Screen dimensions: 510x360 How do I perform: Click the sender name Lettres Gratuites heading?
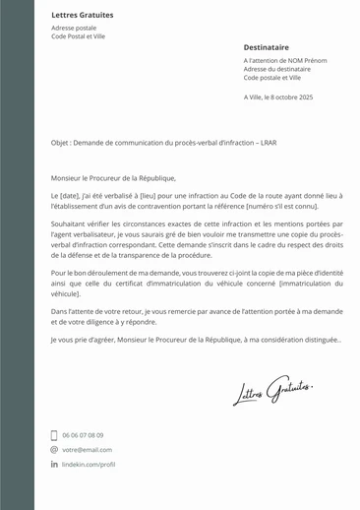pyautogui.click(x=82, y=16)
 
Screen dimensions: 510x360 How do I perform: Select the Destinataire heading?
pyautogui.click(x=266, y=46)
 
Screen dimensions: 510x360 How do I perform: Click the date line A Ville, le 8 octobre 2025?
pyautogui.click(x=277, y=97)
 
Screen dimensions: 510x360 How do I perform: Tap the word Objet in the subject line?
pyautogui.click(x=62, y=143)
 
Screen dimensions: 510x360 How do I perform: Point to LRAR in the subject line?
pyautogui.click(x=267, y=143)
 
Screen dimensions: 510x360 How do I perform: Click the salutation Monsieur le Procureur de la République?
pyautogui.click(x=113, y=178)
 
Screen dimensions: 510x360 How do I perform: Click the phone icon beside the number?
pyautogui.click(x=54, y=435)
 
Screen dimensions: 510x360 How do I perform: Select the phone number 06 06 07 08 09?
pyautogui.click(x=83, y=435)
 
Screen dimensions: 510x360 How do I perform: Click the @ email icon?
pyautogui.click(x=54, y=449)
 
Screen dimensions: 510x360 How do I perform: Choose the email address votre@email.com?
pyautogui.click(x=87, y=449)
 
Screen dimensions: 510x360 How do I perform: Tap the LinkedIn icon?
pyautogui.click(x=54, y=464)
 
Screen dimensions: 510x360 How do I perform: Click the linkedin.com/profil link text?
pyautogui.click(x=89, y=464)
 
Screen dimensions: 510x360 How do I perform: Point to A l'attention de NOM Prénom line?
pyautogui.click(x=284, y=60)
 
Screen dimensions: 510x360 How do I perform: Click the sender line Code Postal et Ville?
pyautogui.click(x=78, y=36)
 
